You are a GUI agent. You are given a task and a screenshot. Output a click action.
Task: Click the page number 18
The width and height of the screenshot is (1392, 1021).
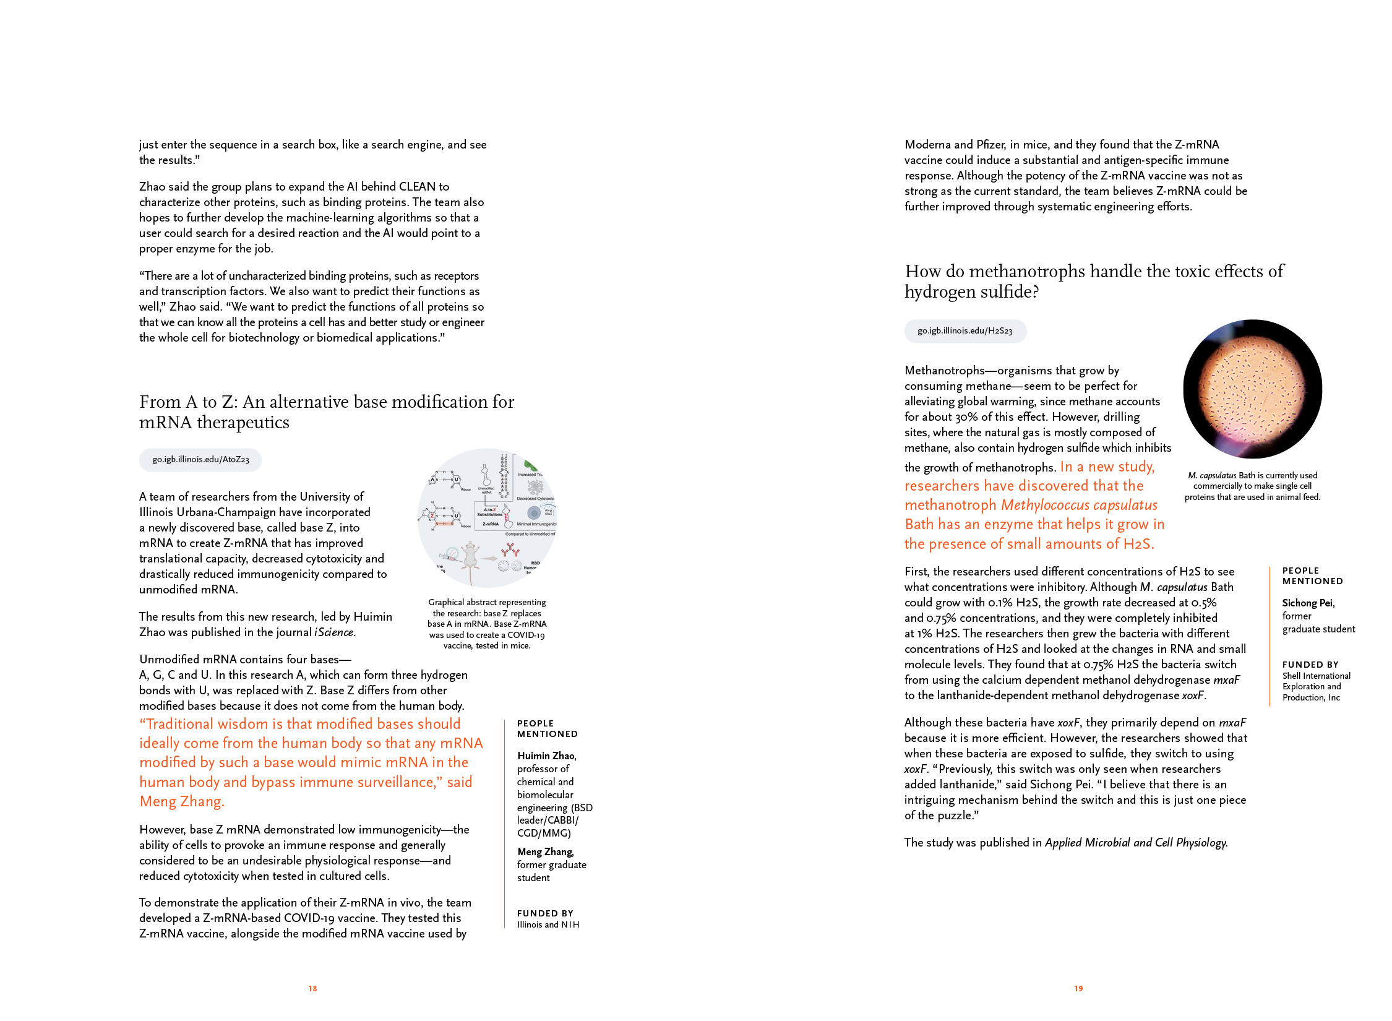point(312,988)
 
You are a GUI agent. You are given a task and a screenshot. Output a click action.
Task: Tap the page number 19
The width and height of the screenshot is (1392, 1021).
point(1078,988)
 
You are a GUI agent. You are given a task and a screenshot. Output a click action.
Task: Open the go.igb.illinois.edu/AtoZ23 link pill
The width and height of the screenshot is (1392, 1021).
point(200,460)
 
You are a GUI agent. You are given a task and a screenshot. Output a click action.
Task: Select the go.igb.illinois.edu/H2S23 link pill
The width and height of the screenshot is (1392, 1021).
point(965,331)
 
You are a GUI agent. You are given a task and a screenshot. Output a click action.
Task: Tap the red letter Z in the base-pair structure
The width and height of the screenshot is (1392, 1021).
point(432,515)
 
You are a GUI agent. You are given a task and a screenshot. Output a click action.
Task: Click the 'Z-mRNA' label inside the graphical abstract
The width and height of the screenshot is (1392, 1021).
point(490,524)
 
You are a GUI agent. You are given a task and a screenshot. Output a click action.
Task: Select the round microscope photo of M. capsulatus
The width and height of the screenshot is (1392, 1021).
point(1252,389)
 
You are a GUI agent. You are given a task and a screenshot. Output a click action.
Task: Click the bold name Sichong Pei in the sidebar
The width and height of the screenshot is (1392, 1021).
point(1307,603)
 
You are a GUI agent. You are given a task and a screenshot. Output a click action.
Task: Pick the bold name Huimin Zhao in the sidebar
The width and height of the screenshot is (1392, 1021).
point(546,756)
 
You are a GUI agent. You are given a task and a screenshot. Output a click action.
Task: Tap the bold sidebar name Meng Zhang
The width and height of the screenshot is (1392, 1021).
point(545,851)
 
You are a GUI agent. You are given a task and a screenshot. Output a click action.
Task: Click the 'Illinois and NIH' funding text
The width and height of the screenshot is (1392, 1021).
point(548,924)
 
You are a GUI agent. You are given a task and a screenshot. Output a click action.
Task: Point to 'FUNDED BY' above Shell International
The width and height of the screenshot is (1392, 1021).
point(1310,665)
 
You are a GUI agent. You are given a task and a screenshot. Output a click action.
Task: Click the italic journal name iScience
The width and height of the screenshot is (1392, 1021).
point(335,632)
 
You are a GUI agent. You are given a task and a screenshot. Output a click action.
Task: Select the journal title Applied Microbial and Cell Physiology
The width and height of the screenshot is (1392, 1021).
point(1135,843)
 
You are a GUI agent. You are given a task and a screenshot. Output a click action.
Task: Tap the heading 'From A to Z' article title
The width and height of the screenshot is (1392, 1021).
point(326,411)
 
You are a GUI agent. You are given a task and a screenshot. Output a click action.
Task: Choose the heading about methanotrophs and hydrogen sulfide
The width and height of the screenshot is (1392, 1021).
point(1093,281)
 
